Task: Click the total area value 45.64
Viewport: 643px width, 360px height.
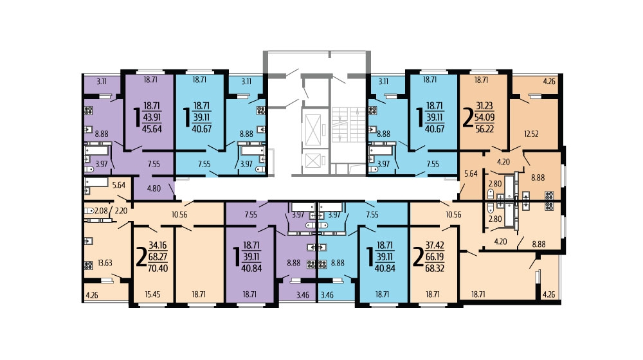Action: (152, 129)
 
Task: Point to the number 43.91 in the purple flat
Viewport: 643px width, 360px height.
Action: (152, 117)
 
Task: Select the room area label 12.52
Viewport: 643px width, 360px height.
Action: (531, 134)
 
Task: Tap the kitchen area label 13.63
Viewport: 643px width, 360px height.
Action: (105, 263)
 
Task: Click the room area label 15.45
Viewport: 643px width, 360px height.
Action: (152, 294)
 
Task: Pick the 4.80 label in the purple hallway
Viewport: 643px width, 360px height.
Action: (154, 189)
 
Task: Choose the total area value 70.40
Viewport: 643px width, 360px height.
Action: (158, 269)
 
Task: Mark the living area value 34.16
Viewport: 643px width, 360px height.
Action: (158, 246)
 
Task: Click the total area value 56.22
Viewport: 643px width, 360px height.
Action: (485, 129)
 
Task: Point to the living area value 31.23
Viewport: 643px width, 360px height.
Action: (485, 106)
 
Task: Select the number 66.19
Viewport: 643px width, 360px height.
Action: (435, 257)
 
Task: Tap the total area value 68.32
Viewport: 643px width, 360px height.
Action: (435, 269)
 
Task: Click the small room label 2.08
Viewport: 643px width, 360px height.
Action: (102, 211)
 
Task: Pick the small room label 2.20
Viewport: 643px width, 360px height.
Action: (121, 211)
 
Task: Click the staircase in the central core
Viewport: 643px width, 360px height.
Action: (349, 125)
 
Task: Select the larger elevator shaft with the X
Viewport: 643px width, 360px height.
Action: (313, 130)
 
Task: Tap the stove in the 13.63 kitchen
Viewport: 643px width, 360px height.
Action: (88, 265)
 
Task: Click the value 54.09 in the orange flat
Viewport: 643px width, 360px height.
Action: (485, 117)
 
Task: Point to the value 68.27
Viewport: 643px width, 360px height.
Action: (158, 257)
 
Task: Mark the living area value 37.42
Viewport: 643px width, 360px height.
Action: (435, 246)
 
